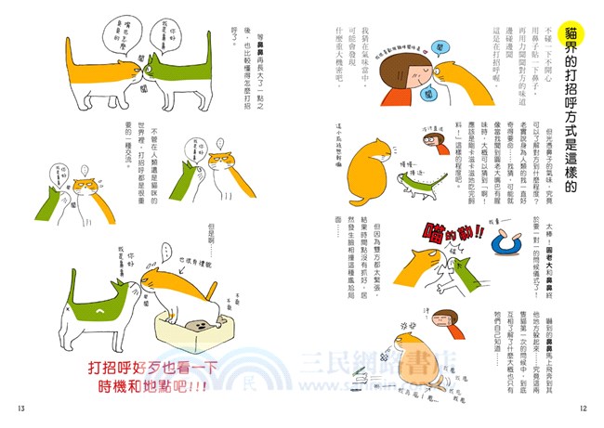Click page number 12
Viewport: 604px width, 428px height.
(x=583, y=409)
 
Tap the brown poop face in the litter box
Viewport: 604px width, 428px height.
(x=197, y=324)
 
